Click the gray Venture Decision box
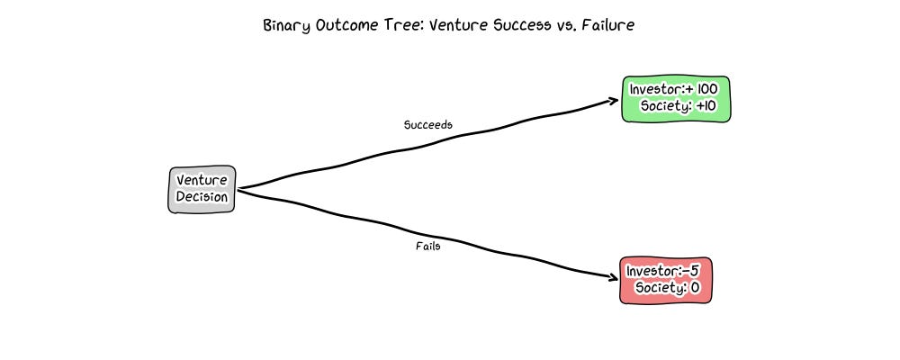tap(202, 189)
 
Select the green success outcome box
tap(677, 98)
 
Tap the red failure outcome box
tap(666, 280)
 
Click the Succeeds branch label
tap(427, 124)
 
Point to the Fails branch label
tap(427, 247)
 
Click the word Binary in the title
tap(286, 25)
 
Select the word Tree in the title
tap(399, 25)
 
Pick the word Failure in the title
tap(607, 25)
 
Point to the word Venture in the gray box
tap(202, 181)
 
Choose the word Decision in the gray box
tap(202, 196)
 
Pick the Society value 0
tap(694, 288)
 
